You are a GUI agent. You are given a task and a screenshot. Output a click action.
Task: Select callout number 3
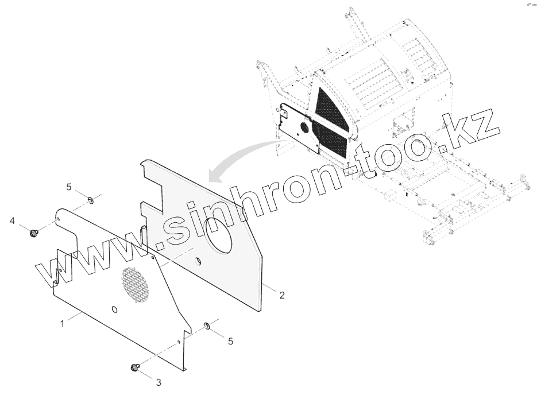coord(159,381)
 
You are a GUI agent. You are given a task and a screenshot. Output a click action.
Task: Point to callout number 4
coord(12,220)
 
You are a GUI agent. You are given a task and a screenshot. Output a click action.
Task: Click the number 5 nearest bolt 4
coord(69,187)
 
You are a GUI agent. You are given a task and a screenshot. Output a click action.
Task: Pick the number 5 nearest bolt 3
coord(230,341)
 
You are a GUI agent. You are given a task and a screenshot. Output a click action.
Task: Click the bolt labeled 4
coord(33,232)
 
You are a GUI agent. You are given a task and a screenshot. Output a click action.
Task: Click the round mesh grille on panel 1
coord(136,284)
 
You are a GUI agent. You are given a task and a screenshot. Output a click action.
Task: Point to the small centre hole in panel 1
coord(115,310)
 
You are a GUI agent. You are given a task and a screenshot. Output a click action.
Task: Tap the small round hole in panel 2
coord(199,262)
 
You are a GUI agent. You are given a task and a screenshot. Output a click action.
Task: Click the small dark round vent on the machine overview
coord(304,127)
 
